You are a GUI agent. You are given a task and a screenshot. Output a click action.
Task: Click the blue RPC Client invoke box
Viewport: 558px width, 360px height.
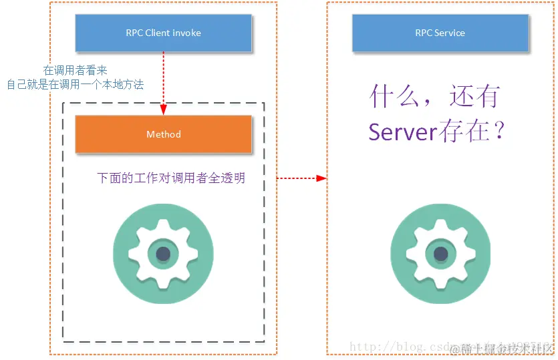coord(163,33)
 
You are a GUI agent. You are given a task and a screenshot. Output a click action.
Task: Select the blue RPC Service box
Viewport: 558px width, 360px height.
coord(440,33)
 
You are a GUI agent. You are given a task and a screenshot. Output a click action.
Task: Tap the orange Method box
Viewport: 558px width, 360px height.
coord(163,134)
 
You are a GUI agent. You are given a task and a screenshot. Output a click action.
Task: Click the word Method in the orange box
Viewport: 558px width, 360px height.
coord(163,134)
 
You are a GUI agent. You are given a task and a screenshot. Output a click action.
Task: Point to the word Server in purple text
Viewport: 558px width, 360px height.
coord(402,132)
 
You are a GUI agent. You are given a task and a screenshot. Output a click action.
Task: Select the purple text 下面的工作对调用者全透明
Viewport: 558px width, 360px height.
coord(171,178)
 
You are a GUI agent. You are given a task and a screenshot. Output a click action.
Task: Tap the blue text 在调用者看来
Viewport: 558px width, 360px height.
coord(76,70)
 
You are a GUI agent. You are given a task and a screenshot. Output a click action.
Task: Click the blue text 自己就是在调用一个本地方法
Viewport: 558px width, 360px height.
coord(76,85)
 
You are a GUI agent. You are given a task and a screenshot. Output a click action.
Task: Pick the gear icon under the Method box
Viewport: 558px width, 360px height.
coord(163,254)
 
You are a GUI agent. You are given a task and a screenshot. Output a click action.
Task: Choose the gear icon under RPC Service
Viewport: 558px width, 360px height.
coord(440,254)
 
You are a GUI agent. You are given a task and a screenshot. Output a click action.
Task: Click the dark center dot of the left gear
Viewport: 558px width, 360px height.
coord(163,254)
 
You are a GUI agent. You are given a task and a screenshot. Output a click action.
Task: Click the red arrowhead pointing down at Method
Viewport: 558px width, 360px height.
coord(163,111)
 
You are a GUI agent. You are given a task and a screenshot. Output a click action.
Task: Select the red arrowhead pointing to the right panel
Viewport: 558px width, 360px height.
coord(322,178)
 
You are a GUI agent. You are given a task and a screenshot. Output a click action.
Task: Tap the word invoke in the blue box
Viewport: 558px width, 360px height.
coord(188,33)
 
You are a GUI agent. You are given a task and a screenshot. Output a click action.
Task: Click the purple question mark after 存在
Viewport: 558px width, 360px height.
coord(497,132)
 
